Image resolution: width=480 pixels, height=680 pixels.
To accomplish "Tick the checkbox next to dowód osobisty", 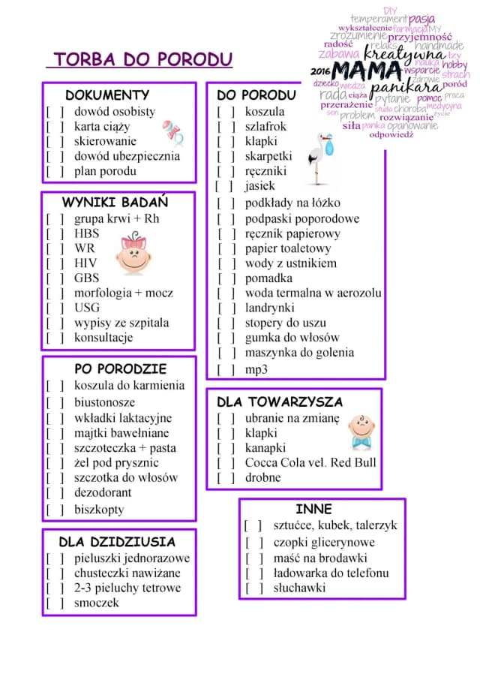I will coord(55,112).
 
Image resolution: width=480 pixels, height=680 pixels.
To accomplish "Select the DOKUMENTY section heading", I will coord(107,95).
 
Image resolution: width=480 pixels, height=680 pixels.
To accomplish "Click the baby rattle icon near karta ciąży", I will coord(173,132).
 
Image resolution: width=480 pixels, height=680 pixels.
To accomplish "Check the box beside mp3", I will coord(226,370).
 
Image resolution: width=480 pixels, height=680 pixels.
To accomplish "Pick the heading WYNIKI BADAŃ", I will coord(115,203).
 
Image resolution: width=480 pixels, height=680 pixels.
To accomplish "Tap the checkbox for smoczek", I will coord(55,603).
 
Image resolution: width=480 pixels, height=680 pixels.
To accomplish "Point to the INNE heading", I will coord(313,509).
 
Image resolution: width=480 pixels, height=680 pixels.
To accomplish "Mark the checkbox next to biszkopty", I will coord(55,510).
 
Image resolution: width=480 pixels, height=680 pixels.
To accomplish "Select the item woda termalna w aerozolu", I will coord(313,293).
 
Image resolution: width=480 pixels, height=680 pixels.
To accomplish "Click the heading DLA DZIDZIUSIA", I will coord(117,542).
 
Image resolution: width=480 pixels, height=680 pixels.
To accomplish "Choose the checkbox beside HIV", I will coord(55,263).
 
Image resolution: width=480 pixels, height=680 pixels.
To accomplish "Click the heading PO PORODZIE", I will coord(120,369).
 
